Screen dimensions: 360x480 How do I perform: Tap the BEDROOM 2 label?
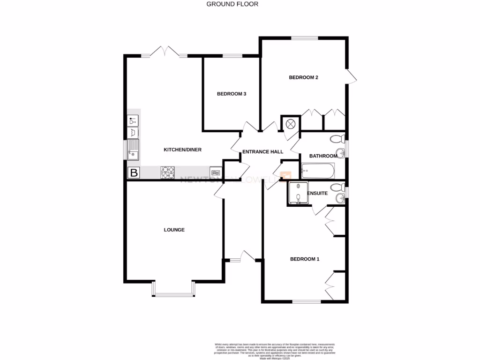[x=303, y=78]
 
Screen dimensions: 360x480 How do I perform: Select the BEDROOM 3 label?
[x=232, y=94]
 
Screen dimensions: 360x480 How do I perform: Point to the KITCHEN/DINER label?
[x=182, y=150]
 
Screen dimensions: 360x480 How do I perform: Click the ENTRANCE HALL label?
[x=262, y=152]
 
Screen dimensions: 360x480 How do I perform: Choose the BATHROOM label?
[x=323, y=156]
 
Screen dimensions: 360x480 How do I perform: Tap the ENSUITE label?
[x=317, y=193]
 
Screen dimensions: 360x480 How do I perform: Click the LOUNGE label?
[x=174, y=230]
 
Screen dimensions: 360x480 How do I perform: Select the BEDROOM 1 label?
[x=305, y=259]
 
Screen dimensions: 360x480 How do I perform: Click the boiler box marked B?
[x=134, y=173]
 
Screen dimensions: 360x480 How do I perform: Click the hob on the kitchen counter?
[x=168, y=172]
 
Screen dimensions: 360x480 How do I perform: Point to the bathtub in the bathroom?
[x=318, y=171]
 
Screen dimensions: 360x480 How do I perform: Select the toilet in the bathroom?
[x=337, y=139]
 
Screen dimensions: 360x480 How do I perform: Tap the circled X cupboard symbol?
[x=291, y=124]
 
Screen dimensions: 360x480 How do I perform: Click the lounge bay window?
[x=173, y=294]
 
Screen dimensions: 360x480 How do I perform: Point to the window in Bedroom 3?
[x=230, y=56]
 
